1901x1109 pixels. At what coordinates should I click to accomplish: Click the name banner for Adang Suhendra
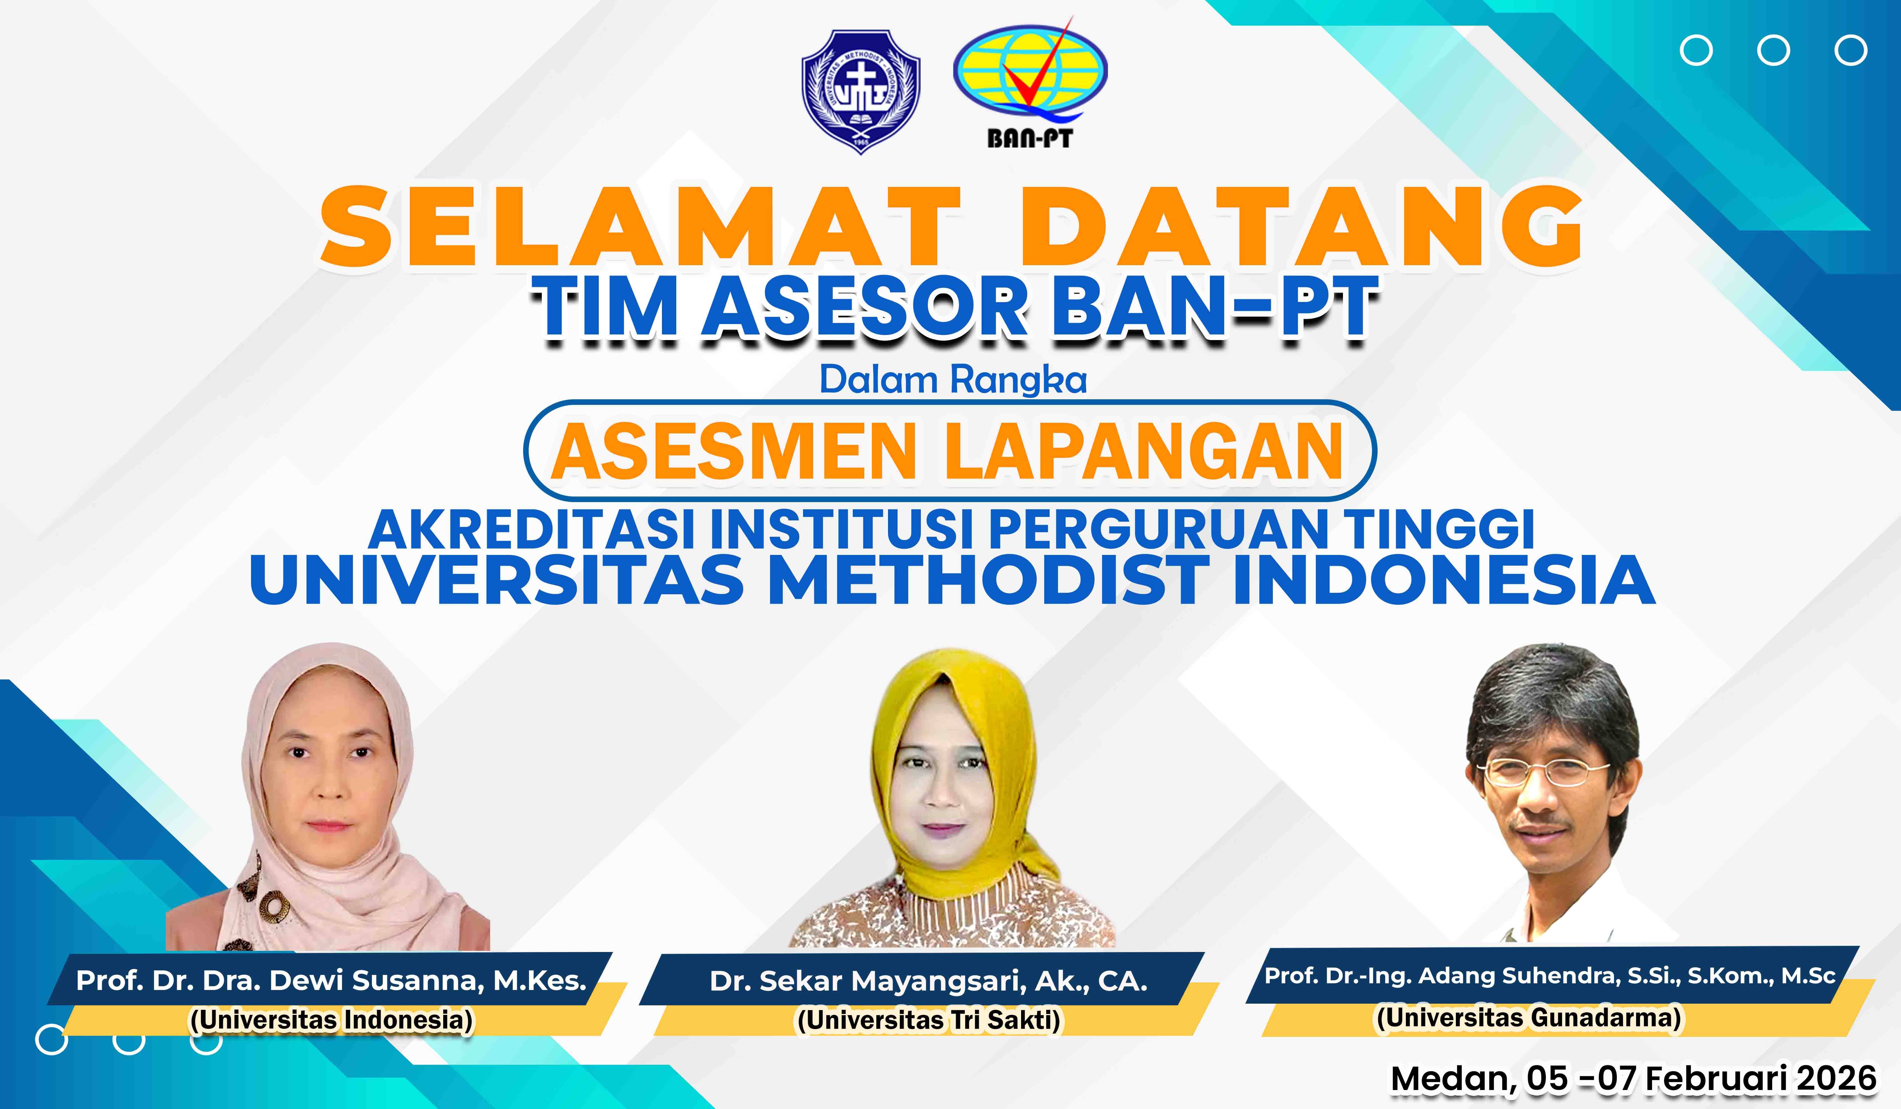pyautogui.click(x=1550, y=975)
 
